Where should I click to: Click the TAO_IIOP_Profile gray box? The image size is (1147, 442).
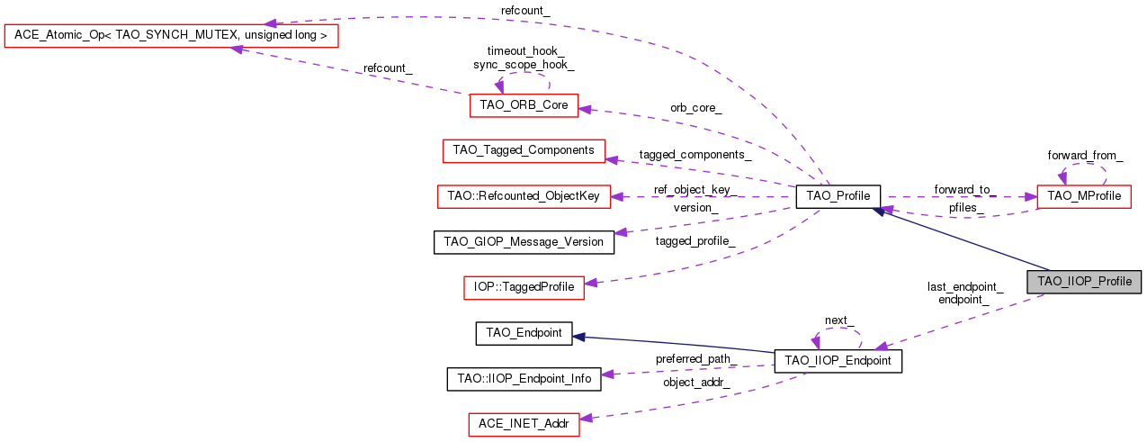pos(1084,281)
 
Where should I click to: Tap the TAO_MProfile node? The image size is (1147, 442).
pos(1083,196)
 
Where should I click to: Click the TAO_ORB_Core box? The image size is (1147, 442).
pos(524,105)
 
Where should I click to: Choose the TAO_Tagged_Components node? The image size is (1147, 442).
pos(524,150)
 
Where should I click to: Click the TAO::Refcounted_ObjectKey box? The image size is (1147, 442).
pos(524,195)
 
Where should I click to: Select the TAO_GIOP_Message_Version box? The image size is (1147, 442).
pos(524,241)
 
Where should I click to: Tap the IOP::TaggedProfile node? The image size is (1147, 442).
pos(524,287)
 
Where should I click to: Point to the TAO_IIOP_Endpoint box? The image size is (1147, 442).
pos(838,361)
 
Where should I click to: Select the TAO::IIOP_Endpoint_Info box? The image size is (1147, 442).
pos(524,379)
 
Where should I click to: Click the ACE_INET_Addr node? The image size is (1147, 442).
pos(524,425)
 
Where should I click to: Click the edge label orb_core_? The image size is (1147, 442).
pos(695,107)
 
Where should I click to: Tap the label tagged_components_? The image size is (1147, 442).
pos(694,154)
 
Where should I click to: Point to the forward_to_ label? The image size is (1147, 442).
pos(964,189)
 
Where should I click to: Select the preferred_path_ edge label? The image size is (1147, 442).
pos(695,358)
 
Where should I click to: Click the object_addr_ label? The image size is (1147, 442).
pos(695,382)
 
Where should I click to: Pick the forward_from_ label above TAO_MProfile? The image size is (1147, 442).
pos(1085,155)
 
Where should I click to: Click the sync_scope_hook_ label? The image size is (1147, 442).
pos(524,65)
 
